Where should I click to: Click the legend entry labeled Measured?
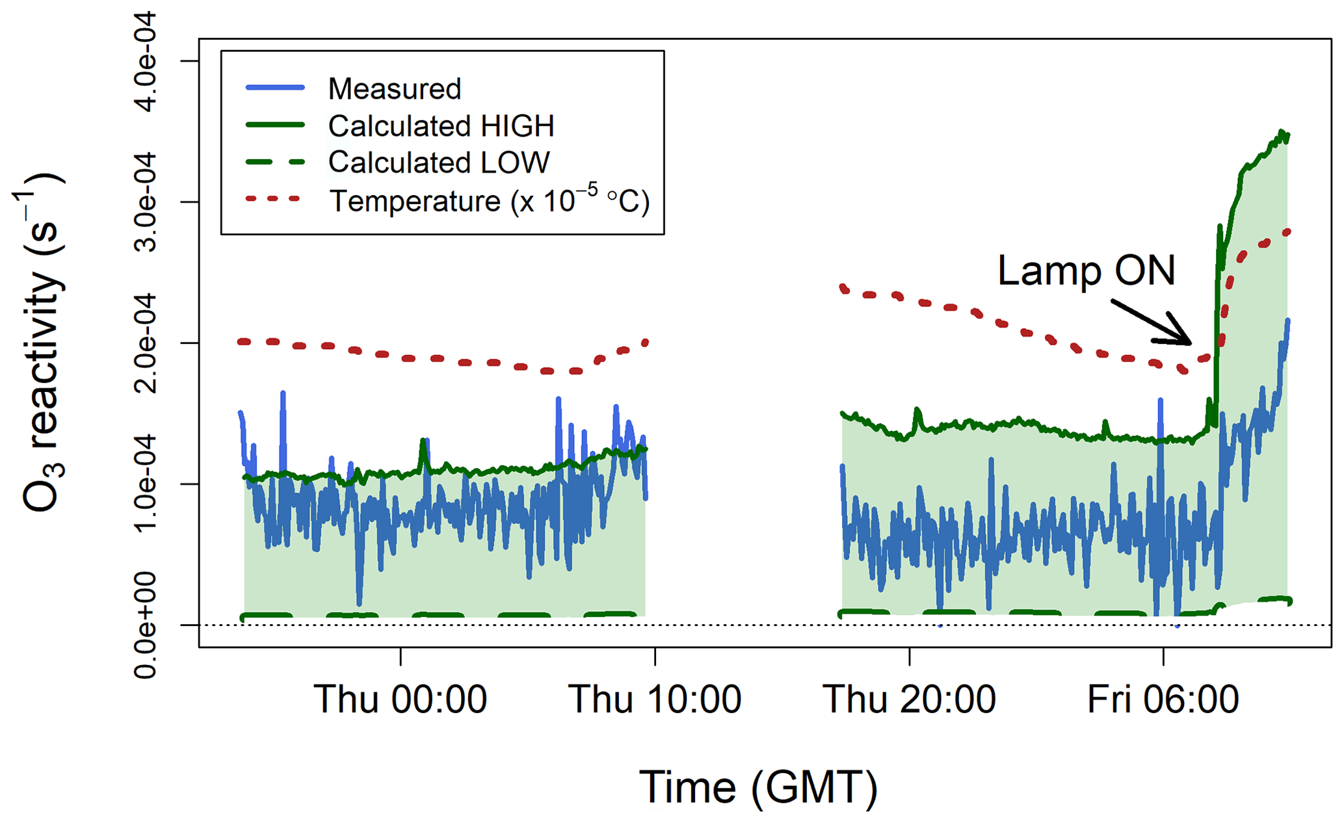[394, 89]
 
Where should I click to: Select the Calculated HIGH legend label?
[441, 126]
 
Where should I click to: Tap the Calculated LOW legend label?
[439, 163]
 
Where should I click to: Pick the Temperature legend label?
[489, 201]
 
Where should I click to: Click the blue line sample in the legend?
[275, 88]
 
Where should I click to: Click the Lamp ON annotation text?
[1086, 270]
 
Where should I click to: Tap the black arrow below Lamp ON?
[1152, 322]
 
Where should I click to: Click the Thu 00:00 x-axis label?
[400, 700]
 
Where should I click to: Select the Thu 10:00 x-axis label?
[655, 700]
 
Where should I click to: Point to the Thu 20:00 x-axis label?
[909, 700]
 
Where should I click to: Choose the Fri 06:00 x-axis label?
[1163, 700]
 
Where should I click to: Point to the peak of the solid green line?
[1282, 132]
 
